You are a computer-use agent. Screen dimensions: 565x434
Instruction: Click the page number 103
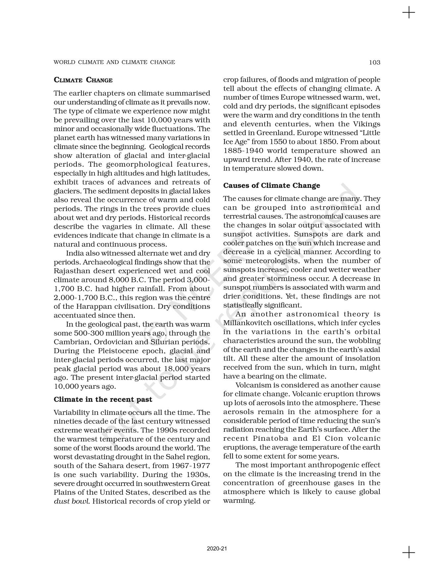(x=374, y=62)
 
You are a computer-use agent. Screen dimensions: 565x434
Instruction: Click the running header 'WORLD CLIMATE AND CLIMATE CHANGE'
(x=114, y=62)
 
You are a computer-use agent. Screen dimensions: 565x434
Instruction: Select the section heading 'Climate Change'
(x=83, y=80)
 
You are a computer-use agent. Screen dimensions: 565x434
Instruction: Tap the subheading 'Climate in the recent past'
(x=103, y=399)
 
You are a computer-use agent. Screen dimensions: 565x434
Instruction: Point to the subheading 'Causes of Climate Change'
(x=272, y=185)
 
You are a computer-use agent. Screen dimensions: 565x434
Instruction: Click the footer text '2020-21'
(x=217, y=549)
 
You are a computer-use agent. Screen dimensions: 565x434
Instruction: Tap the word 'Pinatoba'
(x=272, y=438)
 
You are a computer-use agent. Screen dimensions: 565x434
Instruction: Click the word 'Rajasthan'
(x=69, y=271)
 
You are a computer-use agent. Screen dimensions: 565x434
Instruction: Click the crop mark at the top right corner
(x=409, y=13)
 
